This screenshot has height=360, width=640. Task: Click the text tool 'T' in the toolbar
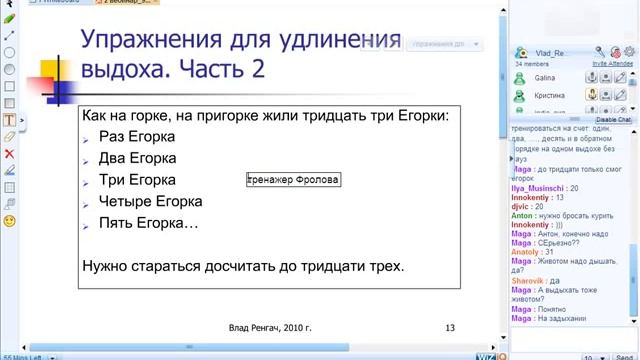[9, 119]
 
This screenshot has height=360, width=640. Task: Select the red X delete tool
[9, 153]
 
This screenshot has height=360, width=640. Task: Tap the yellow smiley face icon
[9, 219]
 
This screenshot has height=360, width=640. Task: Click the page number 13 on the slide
[450, 327]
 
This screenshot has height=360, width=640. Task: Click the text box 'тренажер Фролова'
[293, 180]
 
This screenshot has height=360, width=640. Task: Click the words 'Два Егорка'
[137, 158]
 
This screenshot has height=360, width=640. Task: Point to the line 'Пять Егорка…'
[148, 222]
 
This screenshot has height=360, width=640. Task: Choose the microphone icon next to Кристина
[593, 94]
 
